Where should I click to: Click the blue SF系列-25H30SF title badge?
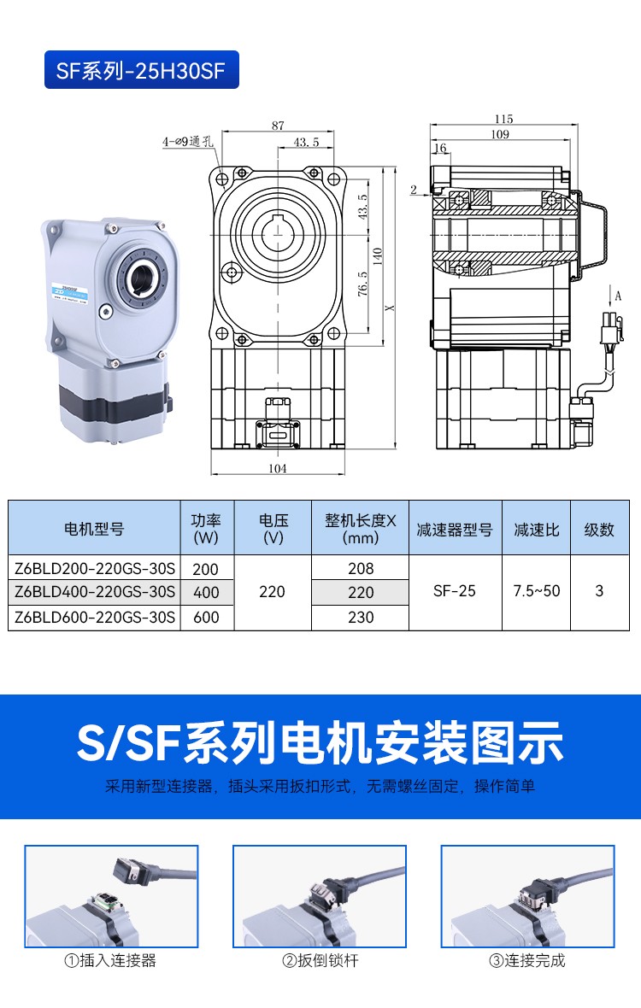[x=141, y=69]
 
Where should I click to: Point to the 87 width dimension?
[x=278, y=126]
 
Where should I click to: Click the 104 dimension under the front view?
[x=278, y=469]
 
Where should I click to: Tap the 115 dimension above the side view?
[x=504, y=119]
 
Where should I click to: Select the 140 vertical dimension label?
[x=378, y=256]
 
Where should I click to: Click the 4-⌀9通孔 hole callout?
[x=187, y=142]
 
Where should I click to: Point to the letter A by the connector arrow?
[x=619, y=296]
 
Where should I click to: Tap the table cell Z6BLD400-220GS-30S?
[x=95, y=591]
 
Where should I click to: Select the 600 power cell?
[x=206, y=617]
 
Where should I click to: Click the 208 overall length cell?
[x=361, y=568]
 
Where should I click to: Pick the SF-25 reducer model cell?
[x=455, y=591]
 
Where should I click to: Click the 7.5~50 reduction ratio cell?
[x=536, y=591]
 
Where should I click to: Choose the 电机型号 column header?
[x=94, y=529]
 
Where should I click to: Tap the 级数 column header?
[x=599, y=530]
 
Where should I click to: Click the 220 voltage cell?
[x=272, y=591]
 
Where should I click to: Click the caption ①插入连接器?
[x=110, y=960]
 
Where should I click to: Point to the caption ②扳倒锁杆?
[x=320, y=960]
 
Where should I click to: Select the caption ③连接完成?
[x=527, y=960]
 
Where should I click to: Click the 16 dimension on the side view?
[x=440, y=149]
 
